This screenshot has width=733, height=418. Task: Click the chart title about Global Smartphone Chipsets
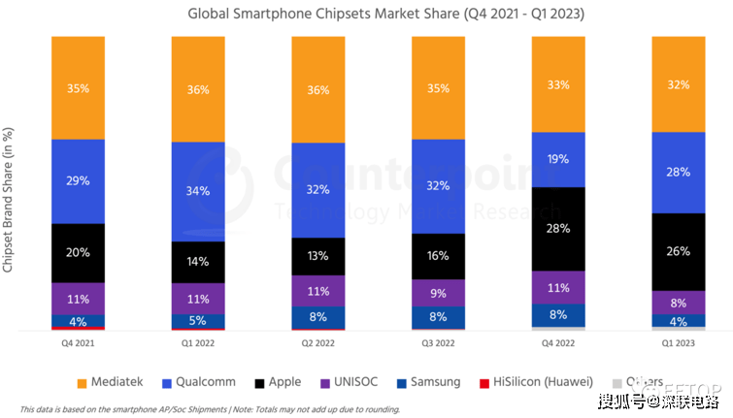coord(366,15)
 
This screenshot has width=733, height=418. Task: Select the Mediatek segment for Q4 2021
coord(79,88)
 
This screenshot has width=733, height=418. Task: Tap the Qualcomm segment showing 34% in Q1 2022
coord(198,191)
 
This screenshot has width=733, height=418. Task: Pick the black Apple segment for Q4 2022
coord(558,228)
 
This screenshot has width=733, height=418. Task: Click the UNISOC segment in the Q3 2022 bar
coord(438,292)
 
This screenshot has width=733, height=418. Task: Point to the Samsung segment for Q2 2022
coord(317,316)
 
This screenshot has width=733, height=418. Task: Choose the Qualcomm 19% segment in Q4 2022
coord(558,159)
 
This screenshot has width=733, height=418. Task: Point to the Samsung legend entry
coord(426,381)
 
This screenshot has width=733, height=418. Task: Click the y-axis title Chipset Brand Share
coord(9,198)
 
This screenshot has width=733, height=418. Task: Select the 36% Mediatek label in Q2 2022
coord(317,90)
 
